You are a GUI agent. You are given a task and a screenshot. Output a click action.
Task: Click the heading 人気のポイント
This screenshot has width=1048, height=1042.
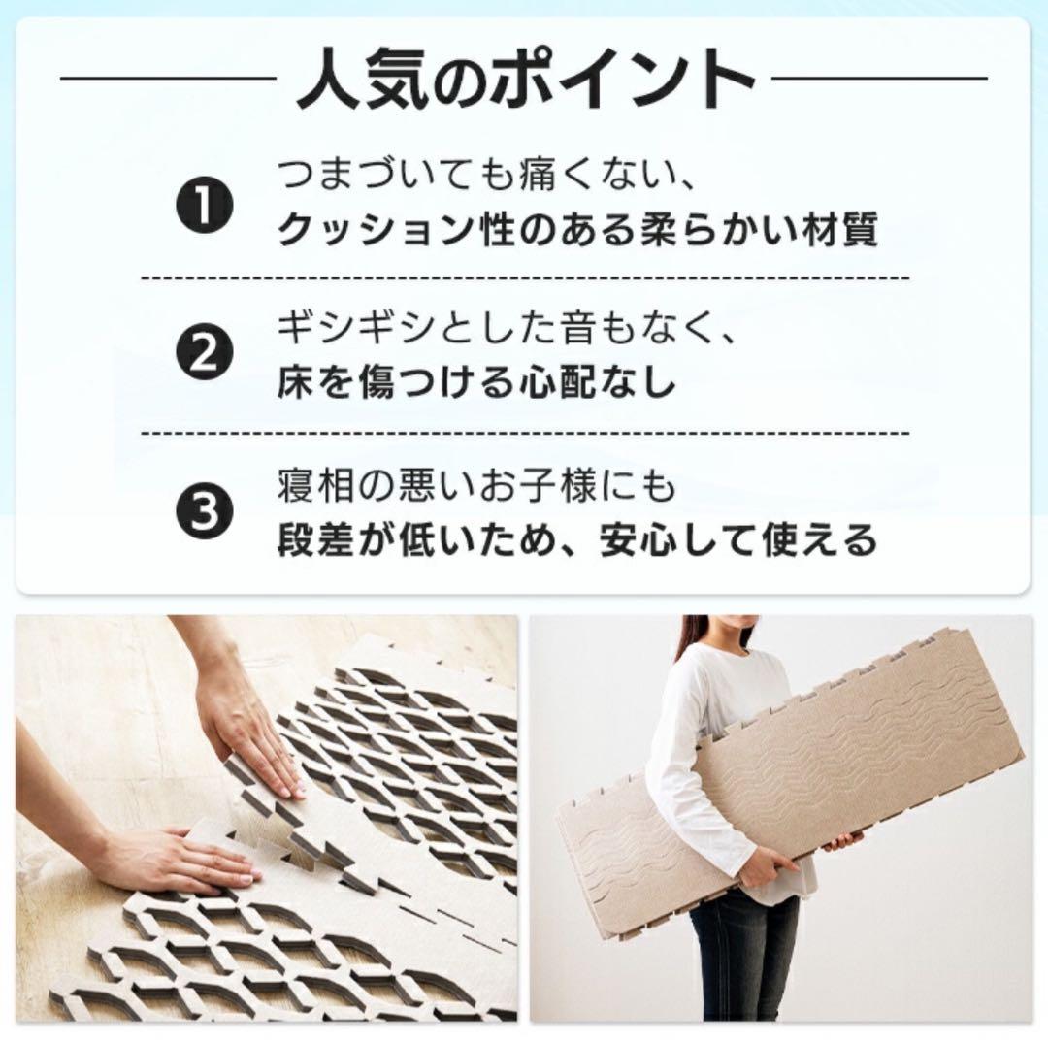[525, 80]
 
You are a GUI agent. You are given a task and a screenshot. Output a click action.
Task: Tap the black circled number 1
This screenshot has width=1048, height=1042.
[207, 204]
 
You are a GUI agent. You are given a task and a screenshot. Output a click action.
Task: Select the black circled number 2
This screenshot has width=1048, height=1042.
[207, 355]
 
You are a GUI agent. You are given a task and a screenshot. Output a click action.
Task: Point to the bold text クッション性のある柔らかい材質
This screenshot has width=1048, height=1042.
[577, 230]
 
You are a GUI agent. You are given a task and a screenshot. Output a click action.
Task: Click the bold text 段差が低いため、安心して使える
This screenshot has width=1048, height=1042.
[577, 537]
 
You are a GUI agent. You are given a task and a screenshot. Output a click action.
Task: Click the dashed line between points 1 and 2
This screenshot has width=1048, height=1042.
[525, 278]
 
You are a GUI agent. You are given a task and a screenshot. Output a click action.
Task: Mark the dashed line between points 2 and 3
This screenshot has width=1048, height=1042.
[525, 433]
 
